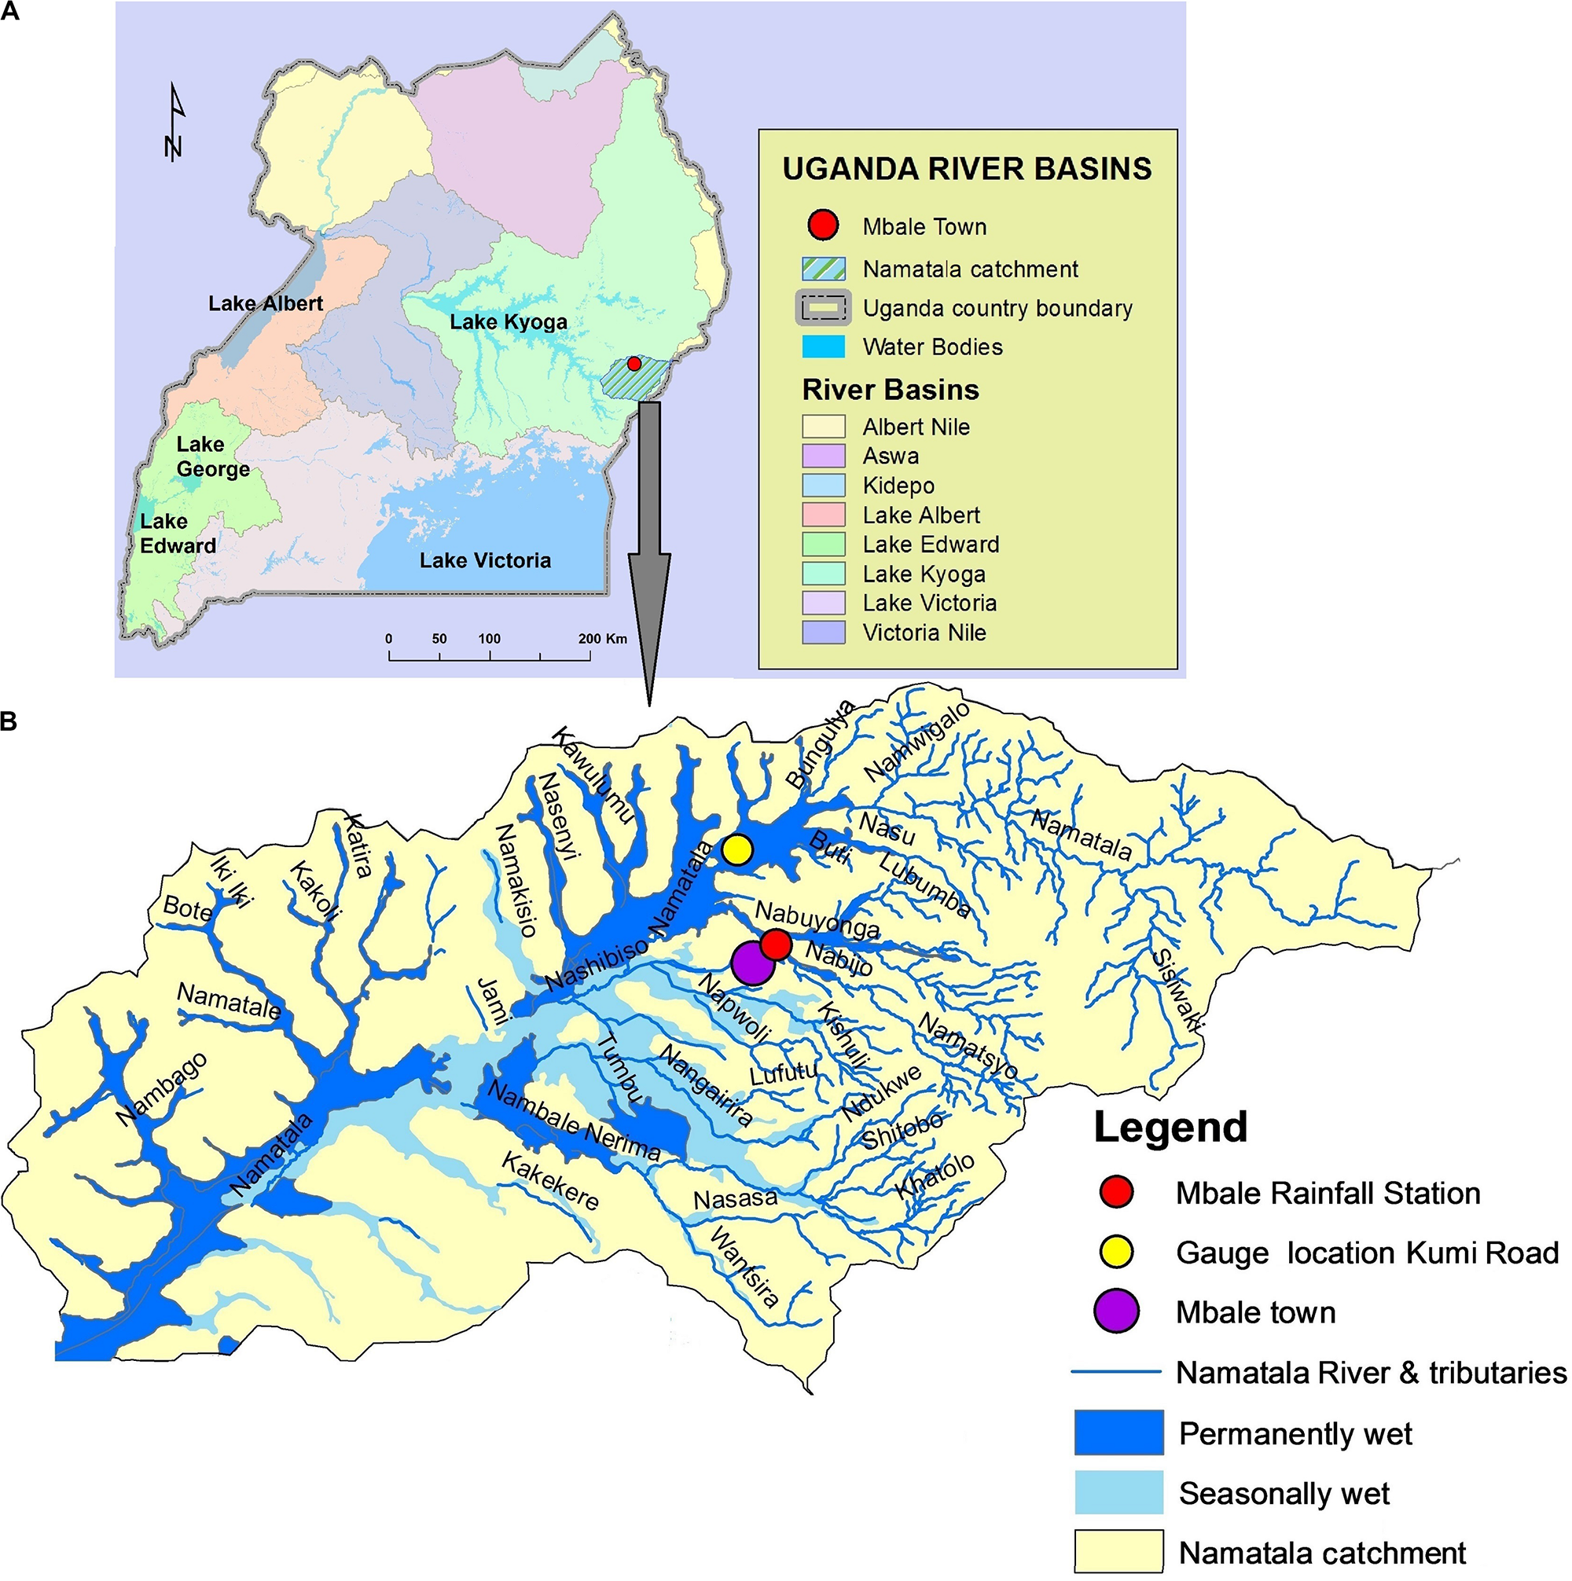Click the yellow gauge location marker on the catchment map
click(x=737, y=849)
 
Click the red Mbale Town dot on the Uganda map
click(x=634, y=363)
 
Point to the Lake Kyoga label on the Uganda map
click(x=509, y=322)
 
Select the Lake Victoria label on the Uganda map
click(x=485, y=560)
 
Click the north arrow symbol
click(x=174, y=123)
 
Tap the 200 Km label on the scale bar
click(x=603, y=639)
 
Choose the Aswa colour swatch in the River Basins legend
click(x=823, y=456)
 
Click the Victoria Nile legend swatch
click(x=823, y=633)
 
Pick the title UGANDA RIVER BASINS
click(x=967, y=170)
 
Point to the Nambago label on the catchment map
click(x=161, y=1089)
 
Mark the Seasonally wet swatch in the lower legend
click(x=1118, y=1494)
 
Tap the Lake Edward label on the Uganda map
click(x=178, y=534)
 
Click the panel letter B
click(x=9, y=722)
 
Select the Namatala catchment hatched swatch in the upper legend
click(x=823, y=270)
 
